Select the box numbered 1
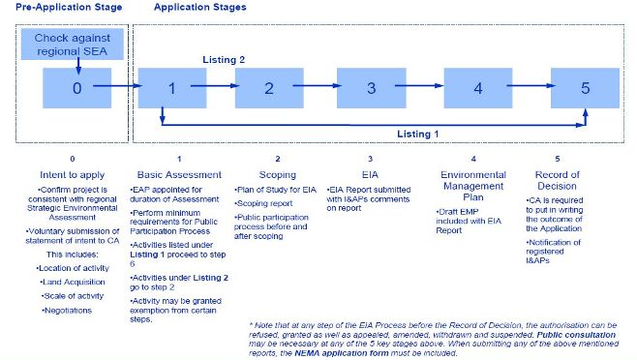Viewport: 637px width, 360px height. pos(170,88)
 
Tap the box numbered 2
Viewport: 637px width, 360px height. pos(270,88)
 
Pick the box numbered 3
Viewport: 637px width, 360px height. pos(370,88)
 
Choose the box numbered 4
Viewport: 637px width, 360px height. pos(477,88)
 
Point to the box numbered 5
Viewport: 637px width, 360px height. pos(584,88)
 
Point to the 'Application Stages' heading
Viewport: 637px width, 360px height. pos(199,7)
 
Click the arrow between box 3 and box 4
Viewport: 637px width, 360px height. pos(422,87)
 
